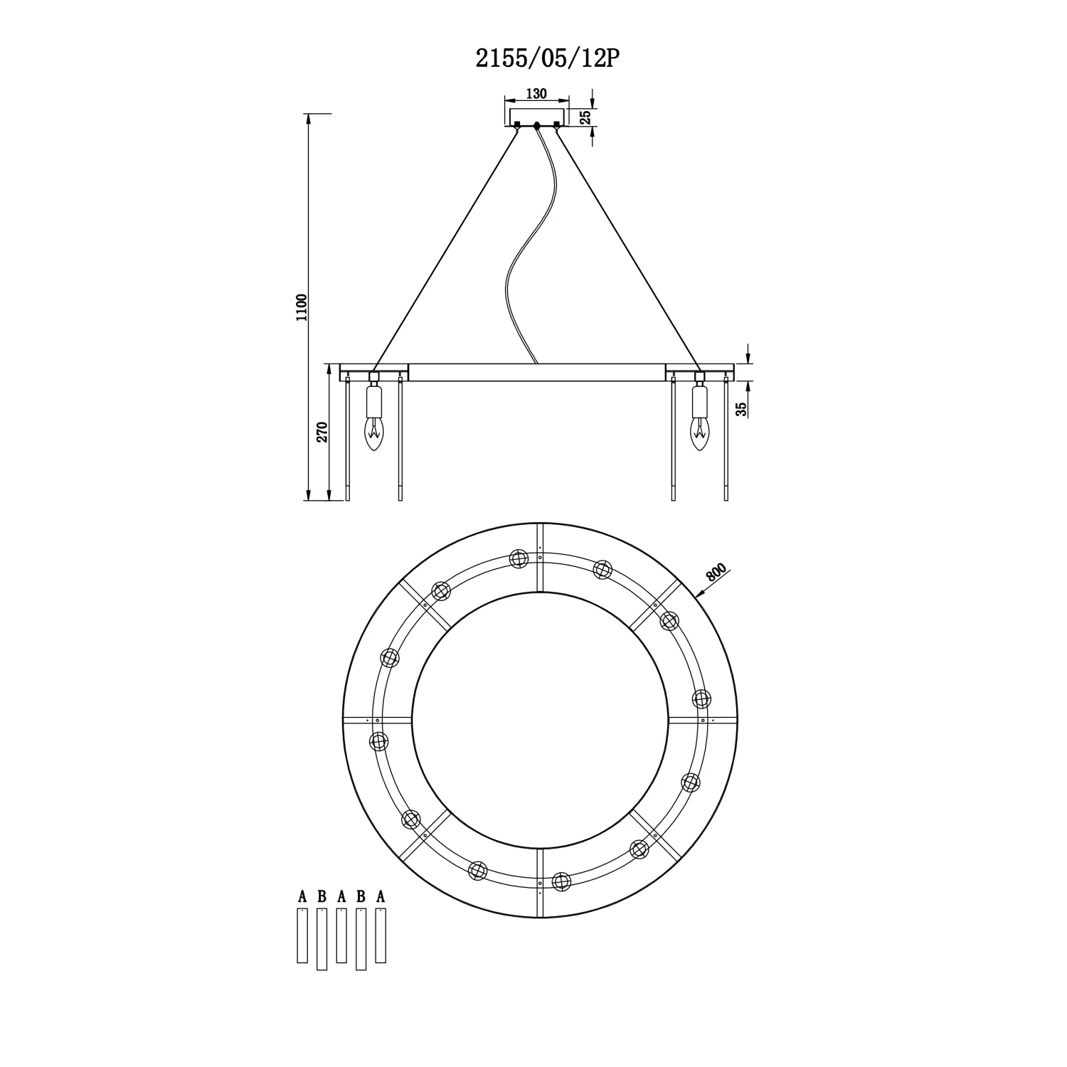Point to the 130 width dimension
(536, 93)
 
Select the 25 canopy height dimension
(585, 117)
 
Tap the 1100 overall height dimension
(302, 307)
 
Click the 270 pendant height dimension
(322, 432)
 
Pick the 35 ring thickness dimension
(742, 409)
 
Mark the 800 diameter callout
(717, 573)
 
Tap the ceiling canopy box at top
(537, 116)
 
